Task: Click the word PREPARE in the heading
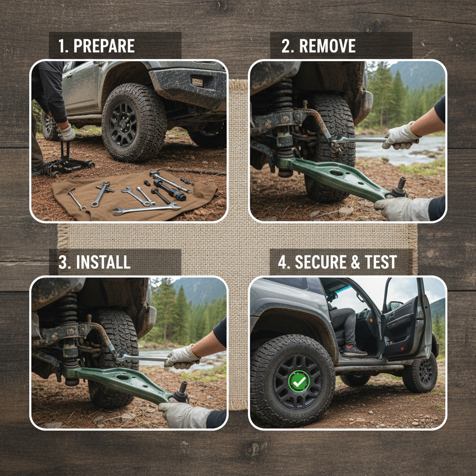click(104, 46)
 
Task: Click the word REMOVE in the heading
click(327, 46)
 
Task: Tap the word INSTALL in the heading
click(103, 262)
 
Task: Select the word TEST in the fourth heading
click(381, 262)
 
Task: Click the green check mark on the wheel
click(299, 381)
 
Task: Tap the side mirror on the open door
click(395, 306)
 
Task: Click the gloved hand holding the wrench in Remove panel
click(399, 136)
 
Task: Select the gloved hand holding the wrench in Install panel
click(182, 357)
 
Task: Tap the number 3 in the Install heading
click(62, 262)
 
